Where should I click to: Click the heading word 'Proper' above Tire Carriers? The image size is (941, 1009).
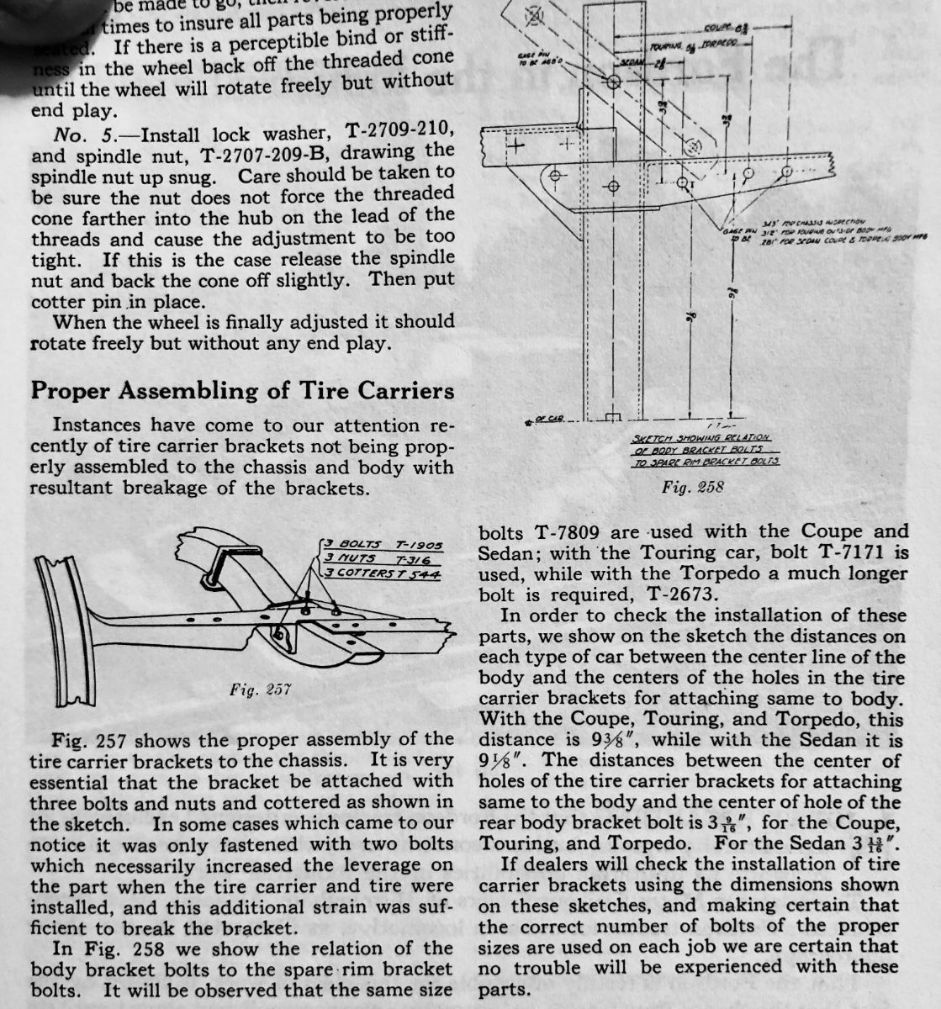coord(75,392)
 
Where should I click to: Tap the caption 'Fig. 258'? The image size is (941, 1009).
coord(692,486)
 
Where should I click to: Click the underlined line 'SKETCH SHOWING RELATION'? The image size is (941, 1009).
coord(700,437)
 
